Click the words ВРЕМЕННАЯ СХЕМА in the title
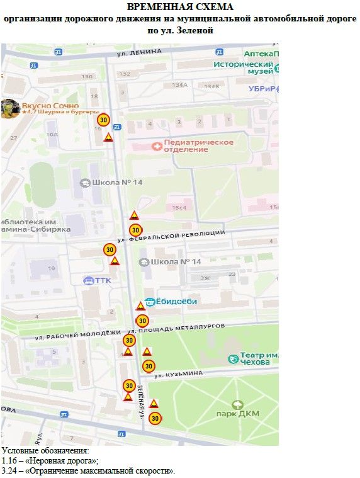[x=179, y=7]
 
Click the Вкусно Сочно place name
[x=50, y=106]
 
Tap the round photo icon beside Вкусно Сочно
[x=9, y=108]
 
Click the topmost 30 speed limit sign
[x=103, y=119]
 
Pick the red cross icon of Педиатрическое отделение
[x=157, y=146]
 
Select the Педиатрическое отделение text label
[x=198, y=145]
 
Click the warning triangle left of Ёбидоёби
[x=140, y=306]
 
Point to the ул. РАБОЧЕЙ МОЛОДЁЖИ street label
[x=77, y=334]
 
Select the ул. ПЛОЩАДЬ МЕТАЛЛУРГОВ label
[x=176, y=327]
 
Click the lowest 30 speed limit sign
[x=155, y=417]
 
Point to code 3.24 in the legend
[x=9, y=470]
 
